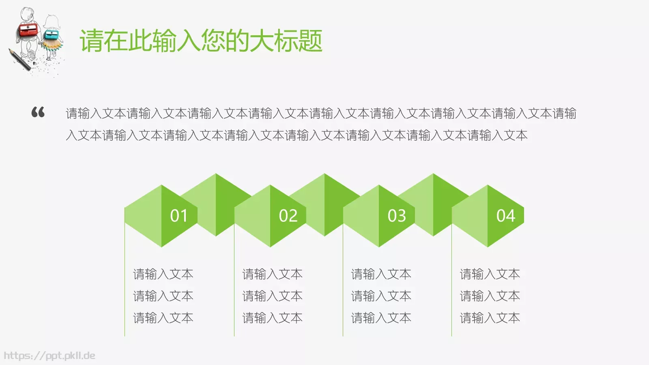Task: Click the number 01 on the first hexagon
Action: click(179, 216)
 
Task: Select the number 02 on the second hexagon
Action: click(288, 216)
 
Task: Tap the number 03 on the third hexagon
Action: click(397, 216)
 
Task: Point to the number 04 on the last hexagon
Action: click(506, 216)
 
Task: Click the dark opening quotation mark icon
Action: click(38, 112)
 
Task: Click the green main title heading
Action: click(201, 41)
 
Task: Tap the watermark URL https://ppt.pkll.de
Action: click(49, 356)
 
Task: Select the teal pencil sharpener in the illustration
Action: click(52, 34)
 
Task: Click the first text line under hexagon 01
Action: click(163, 274)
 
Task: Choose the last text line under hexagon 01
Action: click(163, 318)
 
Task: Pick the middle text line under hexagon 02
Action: click(272, 296)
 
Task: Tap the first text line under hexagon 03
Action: click(381, 274)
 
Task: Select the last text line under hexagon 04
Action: click(490, 318)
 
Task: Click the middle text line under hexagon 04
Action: click(490, 296)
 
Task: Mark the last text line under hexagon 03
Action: click(381, 318)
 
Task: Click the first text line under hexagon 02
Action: click(272, 274)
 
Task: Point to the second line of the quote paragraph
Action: click(297, 135)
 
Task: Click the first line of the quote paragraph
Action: click(321, 114)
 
